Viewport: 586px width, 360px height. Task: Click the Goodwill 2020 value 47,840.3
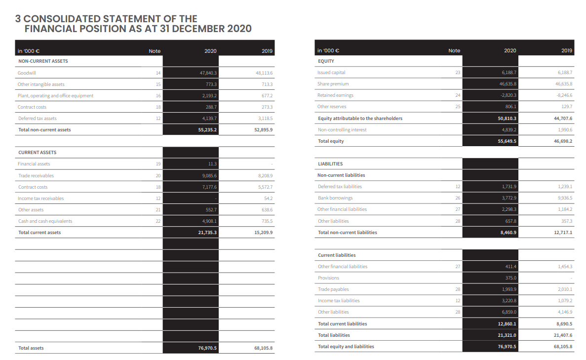tap(208, 73)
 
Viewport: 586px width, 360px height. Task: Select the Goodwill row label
tap(27, 73)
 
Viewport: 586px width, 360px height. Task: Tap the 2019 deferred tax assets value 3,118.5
tap(265, 119)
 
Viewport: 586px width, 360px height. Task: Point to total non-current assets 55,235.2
tap(207, 130)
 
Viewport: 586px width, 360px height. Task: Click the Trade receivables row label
tap(36, 176)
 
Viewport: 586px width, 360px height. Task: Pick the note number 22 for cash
tap(158, 221)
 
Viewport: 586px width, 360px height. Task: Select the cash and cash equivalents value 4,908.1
tap(209, 221)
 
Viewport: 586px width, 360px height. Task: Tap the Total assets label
tap(31, 348)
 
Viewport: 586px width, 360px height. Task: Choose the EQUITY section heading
tap(326, 61)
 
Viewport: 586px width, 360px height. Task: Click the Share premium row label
tap(333, 84)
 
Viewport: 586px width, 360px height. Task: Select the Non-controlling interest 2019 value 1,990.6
tap(565, 130)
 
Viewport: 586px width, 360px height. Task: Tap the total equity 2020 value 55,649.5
tap(507, 141)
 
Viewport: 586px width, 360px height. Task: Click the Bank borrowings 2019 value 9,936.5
tap(565, 198)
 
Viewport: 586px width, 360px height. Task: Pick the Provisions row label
tap(328, 278)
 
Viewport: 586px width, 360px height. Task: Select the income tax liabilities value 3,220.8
tap(509, 301)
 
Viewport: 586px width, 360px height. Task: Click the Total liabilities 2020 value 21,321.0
tap(507, 335)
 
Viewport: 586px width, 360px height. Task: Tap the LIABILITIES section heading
tap(330, 164)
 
